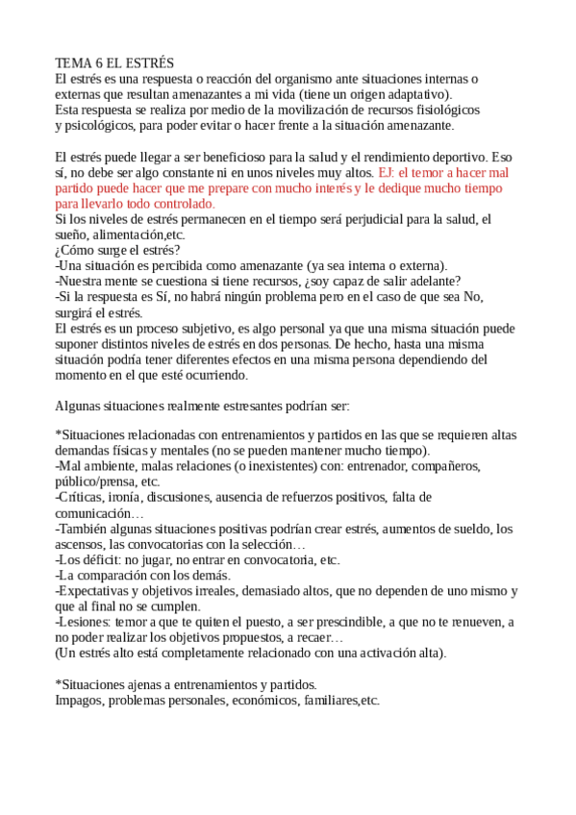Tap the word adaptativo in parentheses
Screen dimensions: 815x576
point(415,94)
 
